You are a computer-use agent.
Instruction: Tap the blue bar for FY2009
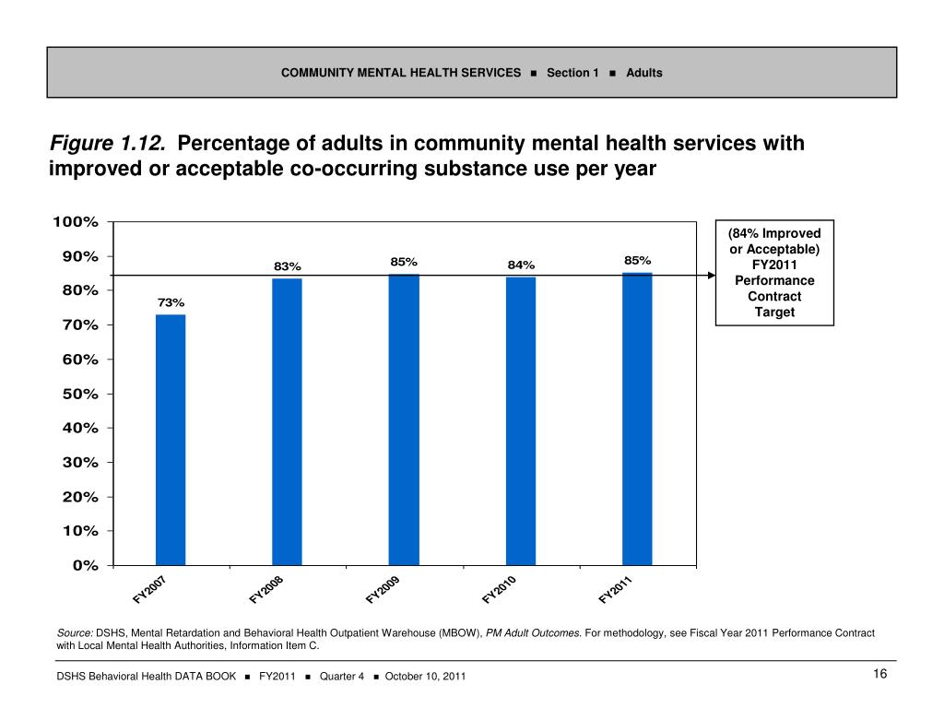(404, 419)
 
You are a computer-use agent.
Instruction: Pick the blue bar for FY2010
(521, 420)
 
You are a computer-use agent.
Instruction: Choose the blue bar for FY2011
(637, 419)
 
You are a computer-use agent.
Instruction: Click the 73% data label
(171, 302)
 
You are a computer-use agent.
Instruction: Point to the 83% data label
(287, 266)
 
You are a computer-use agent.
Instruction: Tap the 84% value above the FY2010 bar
(521, 266)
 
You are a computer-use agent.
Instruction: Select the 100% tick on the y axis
(76, 222)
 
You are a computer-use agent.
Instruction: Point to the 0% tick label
(85, 565)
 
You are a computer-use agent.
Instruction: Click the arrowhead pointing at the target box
(711, 275)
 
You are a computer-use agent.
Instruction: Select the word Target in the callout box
(774, 313)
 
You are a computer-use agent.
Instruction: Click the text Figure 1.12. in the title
(108, 144)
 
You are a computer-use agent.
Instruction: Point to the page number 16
(879, 676)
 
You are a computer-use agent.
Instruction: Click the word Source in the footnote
(74, 633)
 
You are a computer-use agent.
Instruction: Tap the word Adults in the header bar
(643, 73)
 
